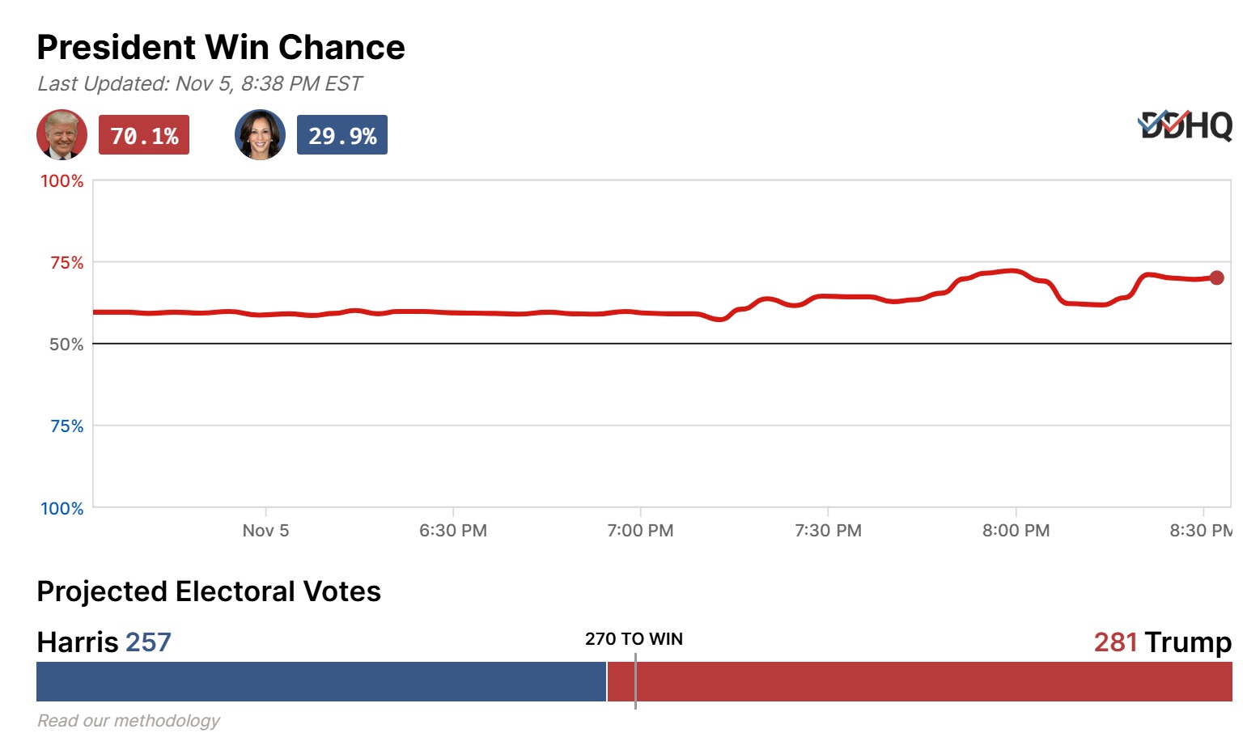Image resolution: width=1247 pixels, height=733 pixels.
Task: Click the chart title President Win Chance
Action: point(221,48)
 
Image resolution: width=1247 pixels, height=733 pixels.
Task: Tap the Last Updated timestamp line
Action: point(199,84)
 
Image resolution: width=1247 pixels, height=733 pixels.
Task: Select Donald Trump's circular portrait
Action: point(62,134)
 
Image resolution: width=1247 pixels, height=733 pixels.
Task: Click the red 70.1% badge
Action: point(144,135)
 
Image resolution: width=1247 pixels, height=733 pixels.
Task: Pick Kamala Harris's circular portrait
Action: point(260,134)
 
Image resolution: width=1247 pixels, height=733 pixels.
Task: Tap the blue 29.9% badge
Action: point(342,135)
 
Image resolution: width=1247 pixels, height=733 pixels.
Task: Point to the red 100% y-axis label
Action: point(62,181)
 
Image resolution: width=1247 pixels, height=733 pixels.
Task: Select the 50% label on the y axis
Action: point(66,345)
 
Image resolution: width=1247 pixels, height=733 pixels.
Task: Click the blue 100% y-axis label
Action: point(62,509)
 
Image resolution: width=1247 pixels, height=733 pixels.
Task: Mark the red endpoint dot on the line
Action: point(1216,278)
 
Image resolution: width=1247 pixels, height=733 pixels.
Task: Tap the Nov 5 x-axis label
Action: point(265,531)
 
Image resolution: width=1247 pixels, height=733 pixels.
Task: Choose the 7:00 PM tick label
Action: point(640,531)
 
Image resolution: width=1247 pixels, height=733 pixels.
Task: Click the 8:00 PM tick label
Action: point(1016,531)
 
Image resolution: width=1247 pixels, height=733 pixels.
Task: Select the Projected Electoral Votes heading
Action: point(209,591)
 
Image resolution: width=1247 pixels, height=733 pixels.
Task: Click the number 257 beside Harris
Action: point(148,642)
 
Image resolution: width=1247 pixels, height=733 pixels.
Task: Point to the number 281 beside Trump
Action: point(1115,642)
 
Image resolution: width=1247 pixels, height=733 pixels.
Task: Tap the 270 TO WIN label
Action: point(634,639)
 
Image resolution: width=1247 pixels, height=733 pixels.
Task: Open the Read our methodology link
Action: point(129,721)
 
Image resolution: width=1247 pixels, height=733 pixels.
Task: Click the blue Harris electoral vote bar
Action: point(320,682)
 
